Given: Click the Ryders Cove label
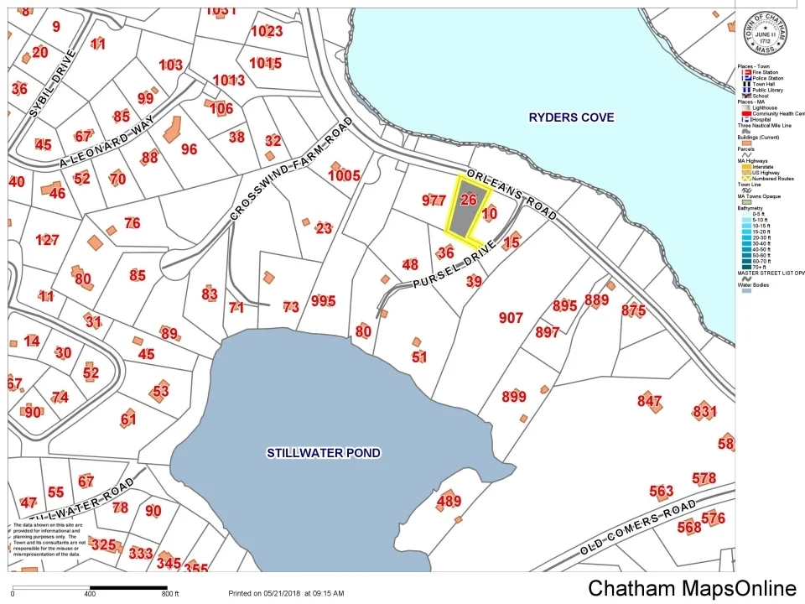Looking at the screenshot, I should coord(571,117).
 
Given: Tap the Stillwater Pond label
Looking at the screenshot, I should coord(324,453).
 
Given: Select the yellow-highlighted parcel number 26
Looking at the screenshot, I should coord(469,200).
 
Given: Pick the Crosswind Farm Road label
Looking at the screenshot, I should coord(292,169).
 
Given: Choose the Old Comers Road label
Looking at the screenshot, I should coord(639,529).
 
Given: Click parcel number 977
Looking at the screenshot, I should coord(434,200).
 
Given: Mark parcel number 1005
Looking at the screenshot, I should coord(344,175).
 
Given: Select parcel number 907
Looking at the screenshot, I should coord(511,318).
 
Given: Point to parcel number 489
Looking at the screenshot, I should coord(449,502).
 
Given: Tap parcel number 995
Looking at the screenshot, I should coord(323,301).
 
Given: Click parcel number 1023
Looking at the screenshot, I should coord(267,32).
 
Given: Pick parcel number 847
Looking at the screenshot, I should coord(649,401).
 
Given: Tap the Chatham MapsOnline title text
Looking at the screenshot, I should coord(692,589).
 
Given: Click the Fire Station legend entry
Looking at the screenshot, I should coord(763,73).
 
